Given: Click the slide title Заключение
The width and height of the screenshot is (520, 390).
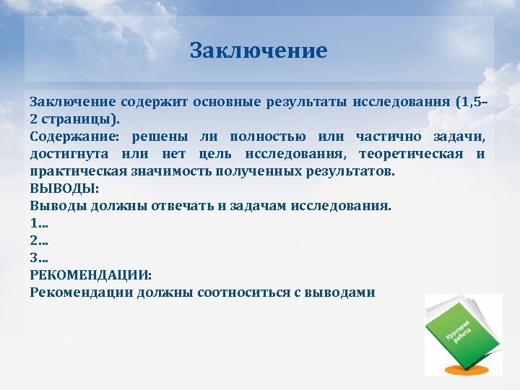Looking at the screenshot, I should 259,51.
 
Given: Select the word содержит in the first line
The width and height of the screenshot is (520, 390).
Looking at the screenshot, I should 152,102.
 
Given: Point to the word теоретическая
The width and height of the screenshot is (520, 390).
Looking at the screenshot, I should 411,154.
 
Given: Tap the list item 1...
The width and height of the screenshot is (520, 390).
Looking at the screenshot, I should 39,223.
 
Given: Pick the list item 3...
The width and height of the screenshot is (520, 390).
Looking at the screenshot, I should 40,258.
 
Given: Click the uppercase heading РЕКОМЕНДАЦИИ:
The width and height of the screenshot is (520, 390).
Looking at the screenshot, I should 91,275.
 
